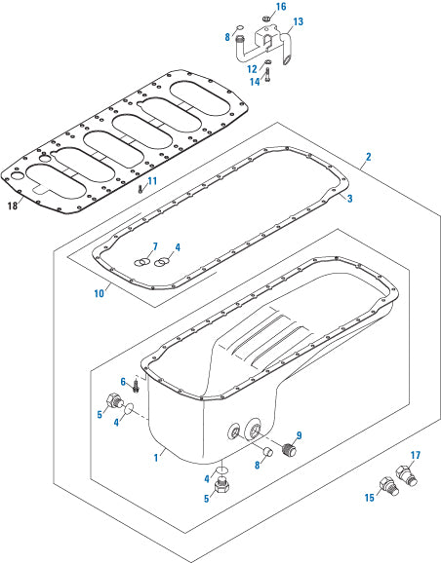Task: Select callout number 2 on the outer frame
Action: [x=368, y=157]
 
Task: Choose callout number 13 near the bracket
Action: [x=299, y=20]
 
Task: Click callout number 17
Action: [x=415, y=456]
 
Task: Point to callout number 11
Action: [x=152, y=181]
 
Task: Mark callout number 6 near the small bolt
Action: [x=123, y=381]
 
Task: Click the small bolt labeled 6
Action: [x=136, y=387]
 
